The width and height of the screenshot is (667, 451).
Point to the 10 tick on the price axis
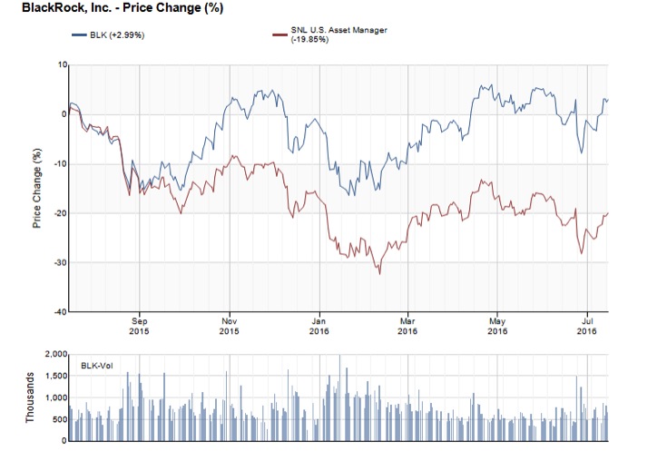(x=62, y=64)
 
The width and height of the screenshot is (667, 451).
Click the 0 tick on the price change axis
(x=64, y=114)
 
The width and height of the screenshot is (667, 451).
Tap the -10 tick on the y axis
(x=61, y=164)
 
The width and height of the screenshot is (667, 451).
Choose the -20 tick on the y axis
(x=61, y=213)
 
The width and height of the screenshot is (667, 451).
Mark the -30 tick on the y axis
(x=61, y=263)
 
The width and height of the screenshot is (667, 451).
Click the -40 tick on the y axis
(x=61, y=312)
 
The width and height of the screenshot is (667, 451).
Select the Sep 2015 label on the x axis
(x=140, y=325)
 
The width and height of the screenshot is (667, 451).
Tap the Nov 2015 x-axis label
(x=229, y=325)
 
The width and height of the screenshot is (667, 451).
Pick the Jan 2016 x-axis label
(x=319, y=325)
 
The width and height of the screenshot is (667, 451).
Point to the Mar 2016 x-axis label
(x=407, y=325)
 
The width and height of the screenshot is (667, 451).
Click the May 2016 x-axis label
(x=497, y=325)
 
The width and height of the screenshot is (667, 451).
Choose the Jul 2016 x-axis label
(x=587, y=325)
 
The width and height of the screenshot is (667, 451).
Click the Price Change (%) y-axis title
(x=37, y=188)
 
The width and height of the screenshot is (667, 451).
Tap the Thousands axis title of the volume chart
(x=31, y=397)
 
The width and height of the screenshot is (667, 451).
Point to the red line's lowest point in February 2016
(x=379, y=273)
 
